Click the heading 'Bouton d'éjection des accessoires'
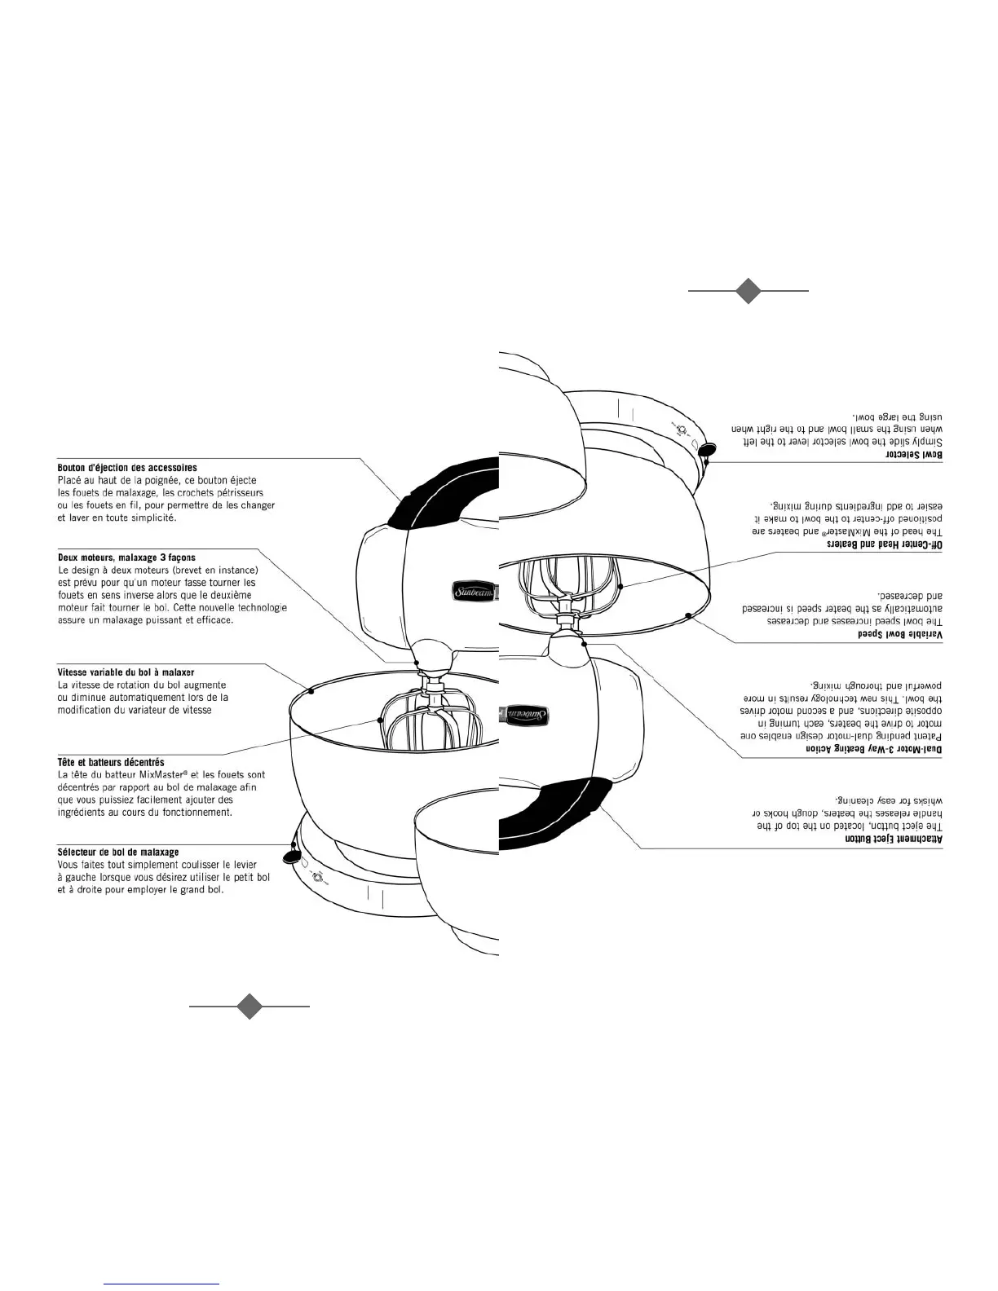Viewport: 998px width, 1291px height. tap(127, 469)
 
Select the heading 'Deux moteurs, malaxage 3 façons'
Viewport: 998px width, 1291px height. tap(126, 558)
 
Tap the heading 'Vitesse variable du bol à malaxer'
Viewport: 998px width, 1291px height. tap(126, 673)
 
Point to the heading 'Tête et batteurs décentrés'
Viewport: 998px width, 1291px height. tap(111, 763)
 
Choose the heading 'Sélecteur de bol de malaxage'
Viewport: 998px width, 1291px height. tap(118, 853)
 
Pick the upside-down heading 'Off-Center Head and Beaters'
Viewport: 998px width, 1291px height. tap(885, 543)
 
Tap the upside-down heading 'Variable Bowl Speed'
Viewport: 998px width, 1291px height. tap(899, 633)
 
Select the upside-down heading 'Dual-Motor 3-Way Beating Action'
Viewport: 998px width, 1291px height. tap(874, 748)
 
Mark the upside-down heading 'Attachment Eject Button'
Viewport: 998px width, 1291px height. tap(894, 839)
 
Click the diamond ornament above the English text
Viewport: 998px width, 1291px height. tap(748, 290)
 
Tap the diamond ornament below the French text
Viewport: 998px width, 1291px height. tap(249, 1006)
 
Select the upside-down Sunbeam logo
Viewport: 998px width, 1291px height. tap(526, 714)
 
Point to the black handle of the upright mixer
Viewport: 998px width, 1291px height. tap(440, 497)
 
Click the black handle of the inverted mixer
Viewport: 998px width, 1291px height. tap(554, 812)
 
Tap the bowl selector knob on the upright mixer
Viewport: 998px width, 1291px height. tap(289, 855)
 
